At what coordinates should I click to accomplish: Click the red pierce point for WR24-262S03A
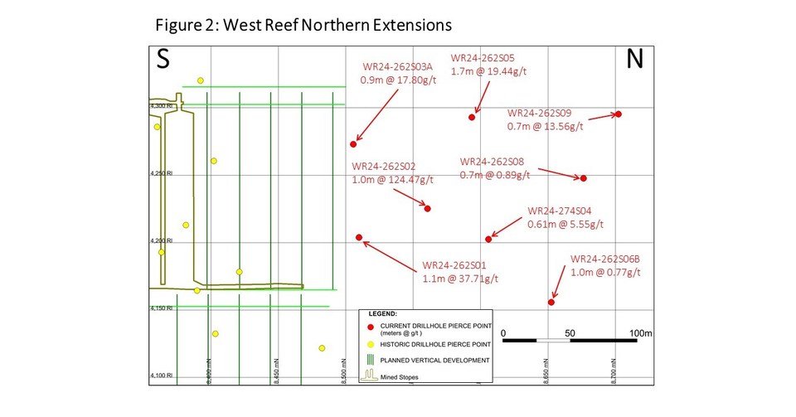click(354, 144)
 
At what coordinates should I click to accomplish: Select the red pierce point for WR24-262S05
click(473, 117)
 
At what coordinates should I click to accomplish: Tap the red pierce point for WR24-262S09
click(619, 114)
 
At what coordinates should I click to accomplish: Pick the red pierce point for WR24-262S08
click(584, 178)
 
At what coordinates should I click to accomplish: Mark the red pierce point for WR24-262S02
click(428, 208)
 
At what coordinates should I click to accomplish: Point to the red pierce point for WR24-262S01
click(359, 237)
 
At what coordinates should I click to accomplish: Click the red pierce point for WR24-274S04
click(488, 239)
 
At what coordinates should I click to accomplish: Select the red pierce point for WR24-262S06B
click(551, 302)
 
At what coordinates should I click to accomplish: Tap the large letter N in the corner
click(634, 59)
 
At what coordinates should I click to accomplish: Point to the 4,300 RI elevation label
click(160, 106)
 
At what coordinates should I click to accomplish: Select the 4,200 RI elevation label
click(161, 241)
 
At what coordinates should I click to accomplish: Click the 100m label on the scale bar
click(641, 332)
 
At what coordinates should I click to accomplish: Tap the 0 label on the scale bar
click(505, 332)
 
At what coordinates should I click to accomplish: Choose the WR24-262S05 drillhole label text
click(483, 58)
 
